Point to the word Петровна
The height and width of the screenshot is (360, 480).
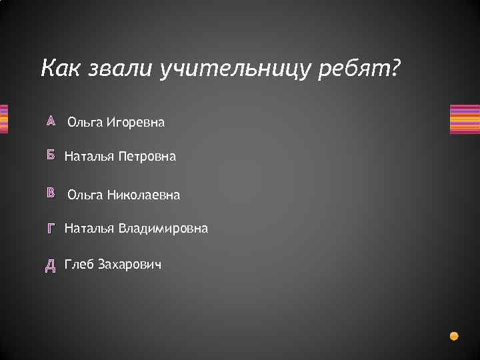pos(147,157)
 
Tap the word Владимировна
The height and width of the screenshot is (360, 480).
pos(163,229)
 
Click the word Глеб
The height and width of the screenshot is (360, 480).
pos(79,265)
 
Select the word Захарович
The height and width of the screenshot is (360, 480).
pos(129,265)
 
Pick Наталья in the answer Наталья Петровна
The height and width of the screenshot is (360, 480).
pos(89,157)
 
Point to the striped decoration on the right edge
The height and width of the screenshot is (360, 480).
pos(465,119)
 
